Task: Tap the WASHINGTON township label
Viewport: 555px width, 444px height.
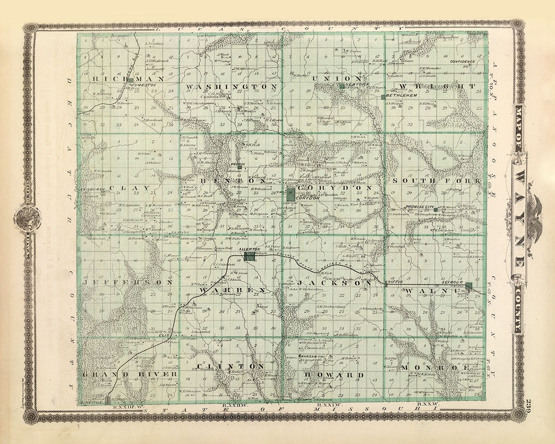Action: pyautogui.click(x=232, y=87)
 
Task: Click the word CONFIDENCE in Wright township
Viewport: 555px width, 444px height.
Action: pyautogui.click(x=462, y=62)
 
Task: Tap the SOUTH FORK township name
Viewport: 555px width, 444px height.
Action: pyautogui.click(x=437, y=181)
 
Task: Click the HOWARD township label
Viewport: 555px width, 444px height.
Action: pyautogui.click(x=330, y=375)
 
